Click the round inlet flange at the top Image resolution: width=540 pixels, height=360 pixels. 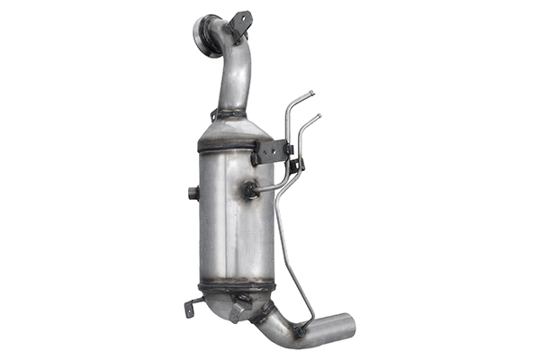click(x=206, y=36)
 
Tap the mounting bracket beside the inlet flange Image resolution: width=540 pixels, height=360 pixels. click(x=239, y=23)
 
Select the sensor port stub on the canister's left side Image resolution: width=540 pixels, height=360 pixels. click(x=193, y=193)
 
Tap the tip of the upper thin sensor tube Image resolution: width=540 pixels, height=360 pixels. click(x=311, y=94)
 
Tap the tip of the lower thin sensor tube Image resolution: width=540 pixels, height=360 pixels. click(x=319, y=116)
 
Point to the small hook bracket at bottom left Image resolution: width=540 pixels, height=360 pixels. click(x=191, y=307)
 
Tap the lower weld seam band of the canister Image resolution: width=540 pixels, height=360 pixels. click(x=236, y=286)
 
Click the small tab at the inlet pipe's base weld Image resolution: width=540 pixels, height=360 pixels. click(x=214, y=114)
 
